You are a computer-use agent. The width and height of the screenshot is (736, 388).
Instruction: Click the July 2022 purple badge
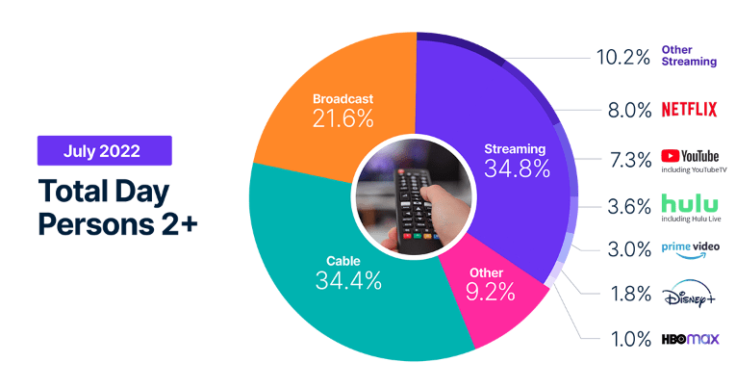[x=104, y=150]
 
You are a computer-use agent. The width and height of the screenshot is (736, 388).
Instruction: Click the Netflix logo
[x=689, y=109]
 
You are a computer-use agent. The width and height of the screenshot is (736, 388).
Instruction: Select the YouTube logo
[x=690, y=155]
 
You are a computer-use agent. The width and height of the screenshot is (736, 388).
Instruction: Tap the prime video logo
[x=689, y=249]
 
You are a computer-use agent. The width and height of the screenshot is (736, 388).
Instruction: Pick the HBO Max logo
[x=689, y=340]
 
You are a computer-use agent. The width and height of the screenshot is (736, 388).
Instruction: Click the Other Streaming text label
[x=689, y=55]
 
